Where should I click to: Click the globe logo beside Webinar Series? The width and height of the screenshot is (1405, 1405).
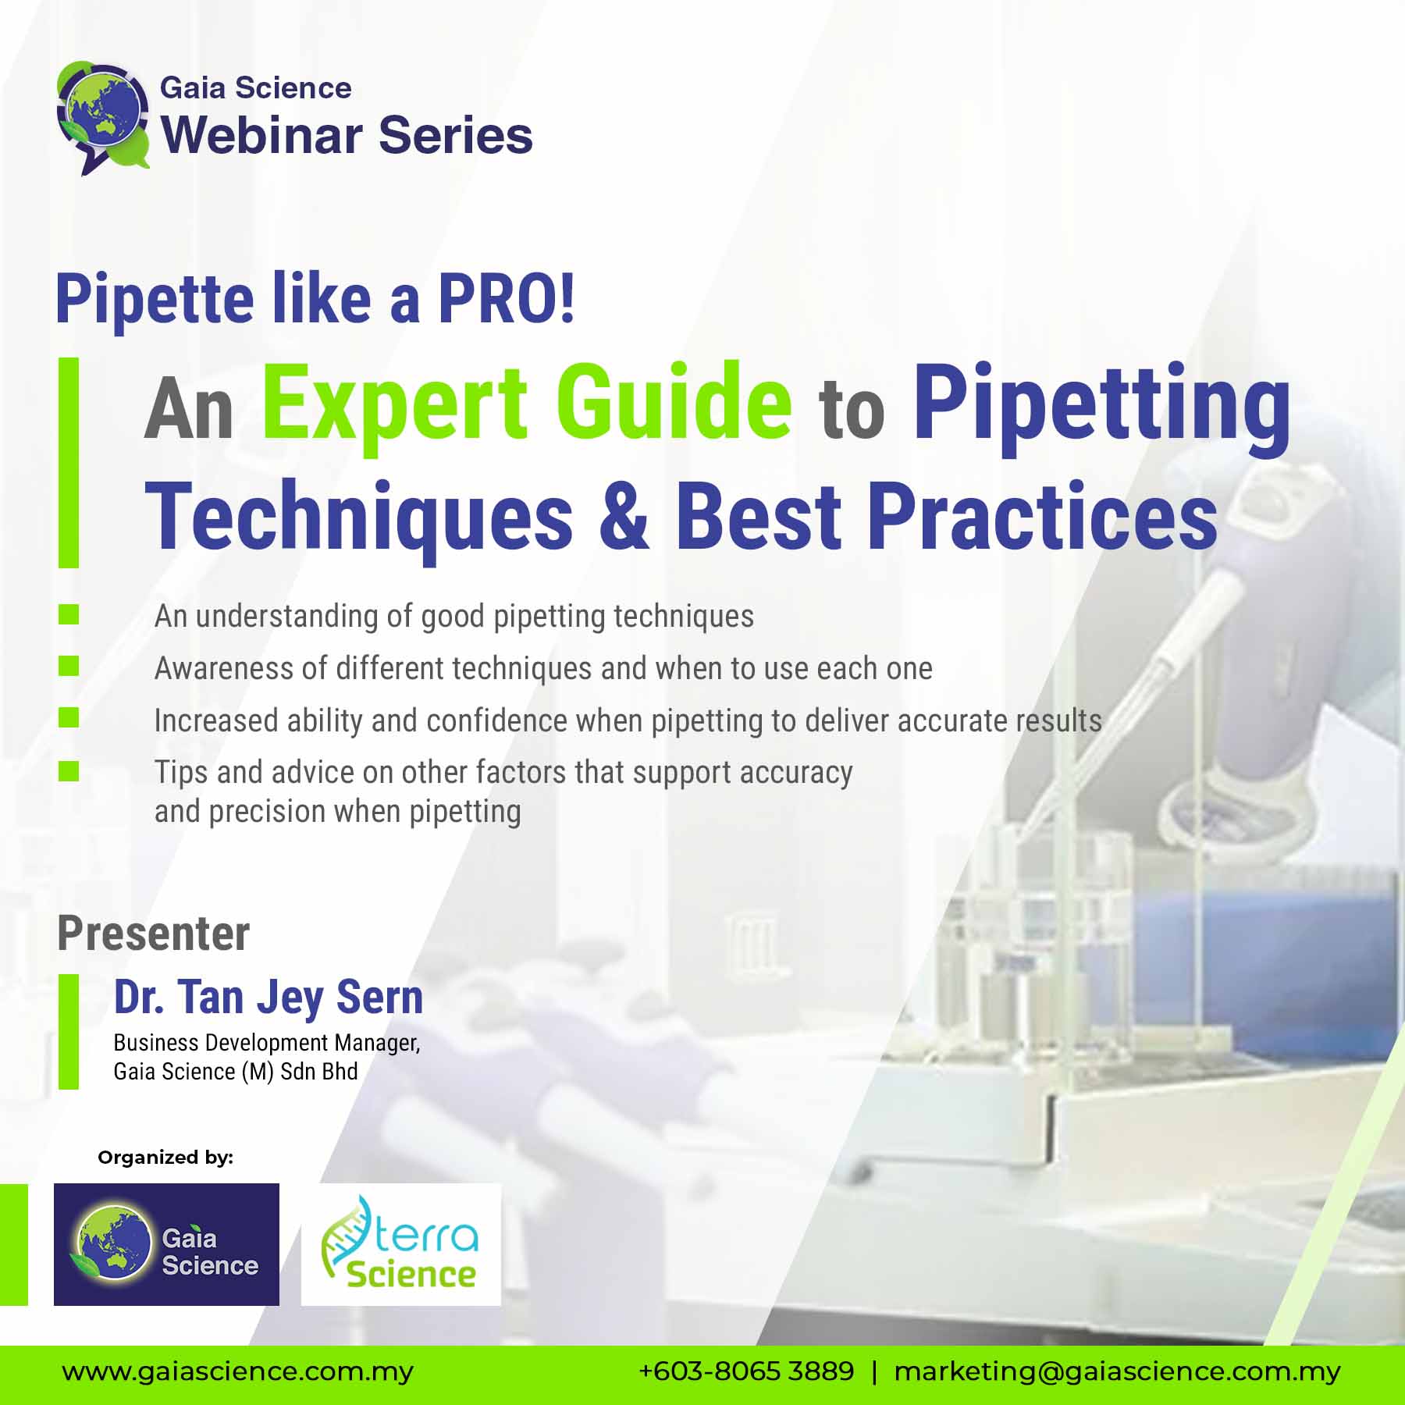pos(102,117)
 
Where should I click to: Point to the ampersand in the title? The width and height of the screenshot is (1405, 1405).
pos(624,516)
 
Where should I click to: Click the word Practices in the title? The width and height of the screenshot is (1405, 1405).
pos(1042,516)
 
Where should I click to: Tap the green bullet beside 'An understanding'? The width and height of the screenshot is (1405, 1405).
pos(69,614)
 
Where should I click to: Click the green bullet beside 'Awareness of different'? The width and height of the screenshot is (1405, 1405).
pos(69,666)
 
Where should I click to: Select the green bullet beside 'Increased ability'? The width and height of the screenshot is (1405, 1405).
pos(69,717)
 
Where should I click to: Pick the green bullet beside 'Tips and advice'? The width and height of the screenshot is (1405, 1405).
pos(69,771)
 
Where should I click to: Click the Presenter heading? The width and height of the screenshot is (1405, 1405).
pos(154,934)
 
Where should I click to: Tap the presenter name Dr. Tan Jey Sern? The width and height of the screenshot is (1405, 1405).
pos(269,998)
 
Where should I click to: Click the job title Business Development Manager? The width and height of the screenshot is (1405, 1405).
pos(267,1043)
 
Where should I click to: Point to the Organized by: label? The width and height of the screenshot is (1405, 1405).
pos(165,1158)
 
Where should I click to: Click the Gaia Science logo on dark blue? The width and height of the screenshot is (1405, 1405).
pos(166,1244)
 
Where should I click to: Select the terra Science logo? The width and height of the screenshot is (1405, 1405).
pos(400,1244)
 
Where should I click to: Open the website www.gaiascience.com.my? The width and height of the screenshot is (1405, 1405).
pos(238,1371)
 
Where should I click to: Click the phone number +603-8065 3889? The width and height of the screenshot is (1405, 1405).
pos(746,1371)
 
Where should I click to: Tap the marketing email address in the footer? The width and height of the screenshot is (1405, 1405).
pos(1117,1371)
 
